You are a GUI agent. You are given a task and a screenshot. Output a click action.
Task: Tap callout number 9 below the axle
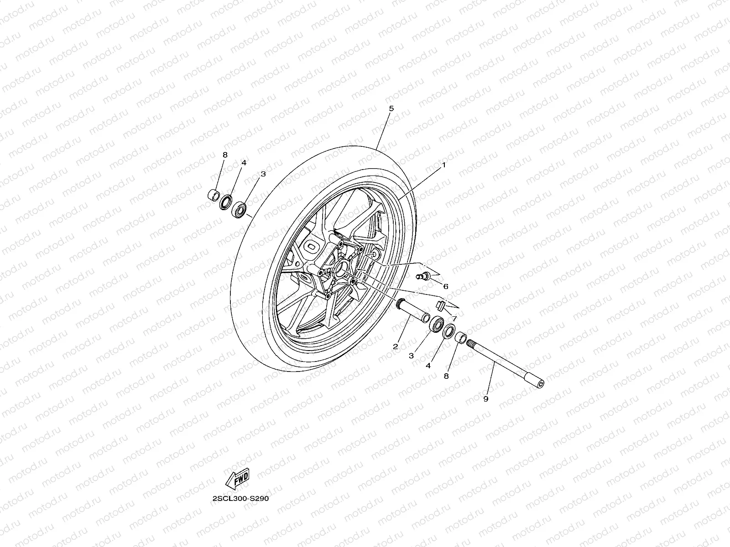click(485, 399)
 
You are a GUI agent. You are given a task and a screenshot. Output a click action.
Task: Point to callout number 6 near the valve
click(445, 286)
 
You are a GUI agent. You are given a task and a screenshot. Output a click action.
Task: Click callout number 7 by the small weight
click(454, 318)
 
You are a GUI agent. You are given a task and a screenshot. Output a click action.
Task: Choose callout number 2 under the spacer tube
click(395, 346)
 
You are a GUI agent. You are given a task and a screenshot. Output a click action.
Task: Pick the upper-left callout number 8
click(224, 155)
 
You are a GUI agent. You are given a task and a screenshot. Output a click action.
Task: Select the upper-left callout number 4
click(244, 162)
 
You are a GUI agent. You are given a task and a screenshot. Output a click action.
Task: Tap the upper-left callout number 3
click(263, 174)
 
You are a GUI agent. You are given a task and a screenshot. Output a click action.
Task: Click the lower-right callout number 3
click(411, 356)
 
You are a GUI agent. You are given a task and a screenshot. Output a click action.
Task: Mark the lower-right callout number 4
click(428, 366)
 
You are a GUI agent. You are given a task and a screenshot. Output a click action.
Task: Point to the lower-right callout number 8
click(446, 376)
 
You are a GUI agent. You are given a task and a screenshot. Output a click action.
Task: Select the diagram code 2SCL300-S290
click(240, 498)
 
